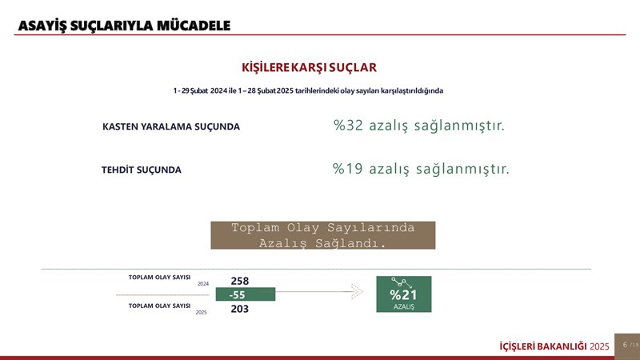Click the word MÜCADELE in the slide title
click(x=194, y=26)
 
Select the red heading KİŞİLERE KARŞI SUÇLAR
click(x=309, y=67)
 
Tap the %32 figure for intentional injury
click(x=348, y=126)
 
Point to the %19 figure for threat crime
click(x=348, y=169)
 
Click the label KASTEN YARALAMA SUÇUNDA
click(x=171, y=126)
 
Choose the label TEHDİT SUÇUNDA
click(x=142, y=170)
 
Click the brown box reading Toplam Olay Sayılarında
click(x=323, y=235)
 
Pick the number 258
click(x=239, y=281)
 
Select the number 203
click(x=239, y=309)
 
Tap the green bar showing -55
click(x=246, y=294)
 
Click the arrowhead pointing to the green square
click(x=357, y=291)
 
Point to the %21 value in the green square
click(x=403, y=294)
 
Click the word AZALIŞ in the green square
click(x=404, y=306)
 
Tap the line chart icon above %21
click(x=402, y=282)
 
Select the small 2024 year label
click(x=203, y=284)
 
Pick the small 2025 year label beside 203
click(x=202, y=312)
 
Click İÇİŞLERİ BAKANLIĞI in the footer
click(x=543, y=346)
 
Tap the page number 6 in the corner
click(x=625, y=345)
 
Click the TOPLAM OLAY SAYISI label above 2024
click(x=159, y=277)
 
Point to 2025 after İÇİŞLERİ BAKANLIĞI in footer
click(x=599, y=346)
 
